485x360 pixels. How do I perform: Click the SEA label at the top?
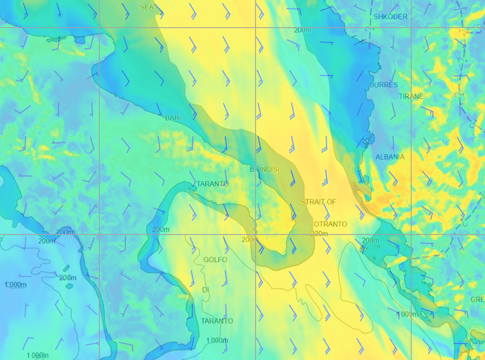[x=147, y=7]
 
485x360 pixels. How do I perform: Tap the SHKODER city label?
[x=390, y=17]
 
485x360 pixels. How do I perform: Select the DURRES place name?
[x=383, y=85]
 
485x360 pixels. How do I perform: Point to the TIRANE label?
[x=411, y=97]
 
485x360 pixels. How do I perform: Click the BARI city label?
[x=173, y=118]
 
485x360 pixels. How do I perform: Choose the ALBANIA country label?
[x=389, y=157]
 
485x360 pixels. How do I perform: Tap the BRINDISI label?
[x=264, y=170]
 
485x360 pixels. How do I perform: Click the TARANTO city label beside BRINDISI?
[x=212, y=184]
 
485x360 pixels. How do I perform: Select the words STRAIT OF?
[x=318, y=202]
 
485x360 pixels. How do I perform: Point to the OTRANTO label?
[x=330, y=224]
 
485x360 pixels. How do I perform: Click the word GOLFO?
[x=215, y=260]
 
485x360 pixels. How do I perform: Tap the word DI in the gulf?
[x=206, y=290]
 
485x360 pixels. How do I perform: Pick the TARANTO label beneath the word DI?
[x=217, y=321]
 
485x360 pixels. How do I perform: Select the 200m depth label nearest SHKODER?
[x=302, y=30]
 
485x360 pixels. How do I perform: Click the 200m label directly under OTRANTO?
[x=319, y=233]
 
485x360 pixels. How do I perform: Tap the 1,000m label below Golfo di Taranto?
[x=217, y=340]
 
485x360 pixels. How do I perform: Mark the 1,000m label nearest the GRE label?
[x=407, y=314]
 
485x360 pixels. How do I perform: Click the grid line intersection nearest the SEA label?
[x=99, y=27]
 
